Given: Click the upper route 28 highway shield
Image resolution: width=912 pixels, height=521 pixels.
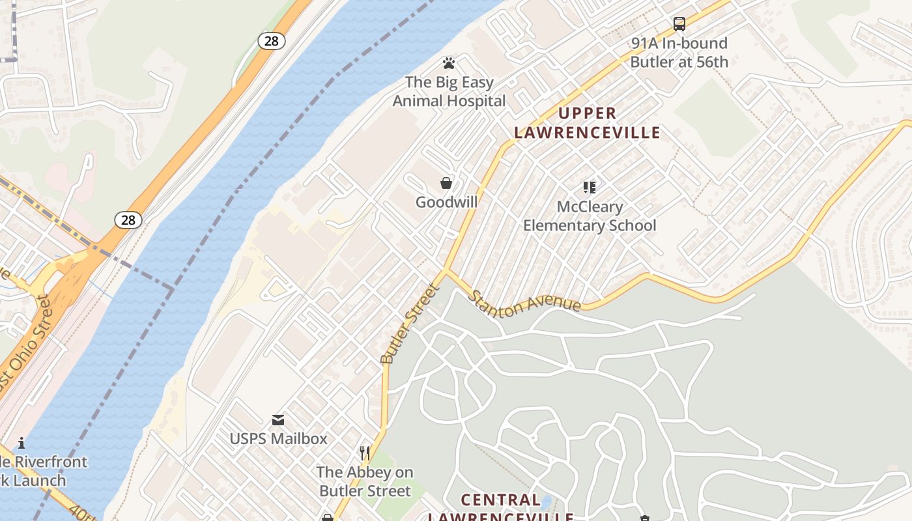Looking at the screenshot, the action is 272,41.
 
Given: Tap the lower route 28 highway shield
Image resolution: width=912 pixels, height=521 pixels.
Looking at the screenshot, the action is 128,220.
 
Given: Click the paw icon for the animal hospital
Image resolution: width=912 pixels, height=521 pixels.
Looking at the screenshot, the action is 448,63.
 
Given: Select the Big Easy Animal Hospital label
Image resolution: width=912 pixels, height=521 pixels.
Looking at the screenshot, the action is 449,92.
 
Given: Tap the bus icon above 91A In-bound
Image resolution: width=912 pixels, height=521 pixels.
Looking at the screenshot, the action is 679,24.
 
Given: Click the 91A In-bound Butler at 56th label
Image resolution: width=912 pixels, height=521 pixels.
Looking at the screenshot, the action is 679,53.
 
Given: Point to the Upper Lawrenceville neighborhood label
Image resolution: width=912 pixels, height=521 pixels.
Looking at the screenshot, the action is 587,123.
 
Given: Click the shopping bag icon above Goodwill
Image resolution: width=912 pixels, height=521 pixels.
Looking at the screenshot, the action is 446,183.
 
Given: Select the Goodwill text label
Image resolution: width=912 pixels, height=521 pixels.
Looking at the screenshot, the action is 446,202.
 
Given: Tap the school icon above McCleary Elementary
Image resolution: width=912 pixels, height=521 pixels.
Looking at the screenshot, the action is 590,188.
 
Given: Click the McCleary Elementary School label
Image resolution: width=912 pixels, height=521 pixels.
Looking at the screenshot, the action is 590,216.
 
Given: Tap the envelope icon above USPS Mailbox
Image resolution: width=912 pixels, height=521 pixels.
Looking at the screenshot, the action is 278,419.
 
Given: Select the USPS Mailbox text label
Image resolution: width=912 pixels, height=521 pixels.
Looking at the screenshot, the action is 278,438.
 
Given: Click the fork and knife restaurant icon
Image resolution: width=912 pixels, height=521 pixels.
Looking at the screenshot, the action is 365,453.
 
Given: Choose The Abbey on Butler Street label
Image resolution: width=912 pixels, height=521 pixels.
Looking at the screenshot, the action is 365,481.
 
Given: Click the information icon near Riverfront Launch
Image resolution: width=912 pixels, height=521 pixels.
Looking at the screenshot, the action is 21,443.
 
